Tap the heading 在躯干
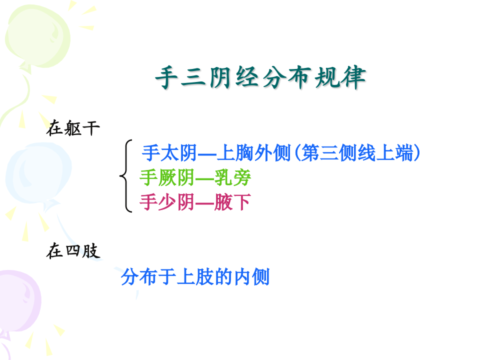pyautogui.click(x=73, y=128)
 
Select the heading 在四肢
pyautogui.click(x=73, y=251)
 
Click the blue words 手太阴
pyautogui.click(x=169, y=152)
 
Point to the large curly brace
pyautogui.click(x=125, y=176)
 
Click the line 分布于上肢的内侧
pyautogui.click(x=195, y=276)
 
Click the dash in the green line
pyautogui.click(x=204, y=178)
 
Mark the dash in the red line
pyautogui.click(x=204, y=203)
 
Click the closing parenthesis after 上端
pyautogui.click(x=416, y=153)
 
